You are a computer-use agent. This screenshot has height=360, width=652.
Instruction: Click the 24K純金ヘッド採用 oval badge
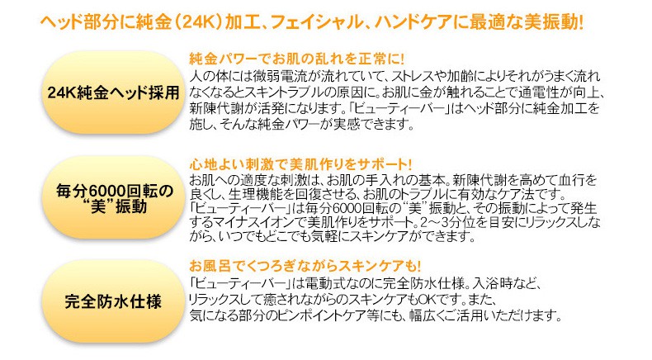point(113,92)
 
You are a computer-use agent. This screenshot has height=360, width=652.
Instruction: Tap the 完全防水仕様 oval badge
point(113,301)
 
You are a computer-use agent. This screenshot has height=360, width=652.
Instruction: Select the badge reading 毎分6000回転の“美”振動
point(113,197)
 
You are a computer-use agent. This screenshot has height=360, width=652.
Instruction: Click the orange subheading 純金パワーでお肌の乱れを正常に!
point(297,59)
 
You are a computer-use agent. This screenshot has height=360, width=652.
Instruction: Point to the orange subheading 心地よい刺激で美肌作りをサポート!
point(300,164)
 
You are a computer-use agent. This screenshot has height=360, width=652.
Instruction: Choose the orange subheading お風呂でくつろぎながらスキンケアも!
point(305,266)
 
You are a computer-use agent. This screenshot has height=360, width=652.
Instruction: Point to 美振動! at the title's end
point(553,22)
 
